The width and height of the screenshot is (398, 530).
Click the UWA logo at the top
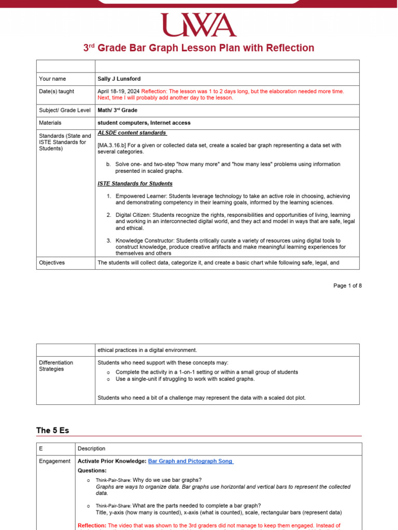coord(199,25)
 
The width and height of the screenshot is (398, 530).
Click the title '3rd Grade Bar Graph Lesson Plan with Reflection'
coord(199,48)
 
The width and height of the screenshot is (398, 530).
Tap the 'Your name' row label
coord(53,79)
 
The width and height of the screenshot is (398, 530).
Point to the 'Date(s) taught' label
coord(56,92)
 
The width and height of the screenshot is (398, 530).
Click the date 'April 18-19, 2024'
coord(119,92)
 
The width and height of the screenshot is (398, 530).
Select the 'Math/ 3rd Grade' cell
coord(117,110)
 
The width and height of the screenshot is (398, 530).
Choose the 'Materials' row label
coord(50,123)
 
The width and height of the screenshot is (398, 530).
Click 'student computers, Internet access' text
coord(144,123)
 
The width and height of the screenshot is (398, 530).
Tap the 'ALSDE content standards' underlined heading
coord(132,133)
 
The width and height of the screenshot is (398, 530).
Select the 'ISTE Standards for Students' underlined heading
coord(135,184)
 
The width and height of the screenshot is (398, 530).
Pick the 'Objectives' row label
coord(52,263)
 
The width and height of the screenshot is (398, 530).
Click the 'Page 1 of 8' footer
coord(347,286)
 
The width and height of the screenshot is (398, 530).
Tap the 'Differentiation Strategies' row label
coord(56,366)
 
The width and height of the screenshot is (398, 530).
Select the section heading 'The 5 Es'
coord(52,431)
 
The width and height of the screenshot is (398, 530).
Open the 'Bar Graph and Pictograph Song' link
coord(190,461)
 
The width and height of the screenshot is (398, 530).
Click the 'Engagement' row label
coord(55,461)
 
